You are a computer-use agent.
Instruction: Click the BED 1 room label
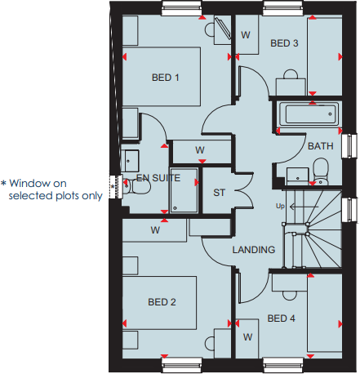point(165,78)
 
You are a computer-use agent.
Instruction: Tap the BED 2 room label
point(162,302)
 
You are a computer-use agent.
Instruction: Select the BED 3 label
point(284,42)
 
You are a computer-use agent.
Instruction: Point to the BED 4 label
point(281,318)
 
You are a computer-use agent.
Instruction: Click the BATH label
point(319,146)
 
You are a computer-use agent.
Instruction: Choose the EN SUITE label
point(158,176)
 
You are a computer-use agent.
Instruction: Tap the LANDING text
point(253,250)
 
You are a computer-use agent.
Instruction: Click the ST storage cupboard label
point(219,193)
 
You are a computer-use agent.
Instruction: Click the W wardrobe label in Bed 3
point(246,35)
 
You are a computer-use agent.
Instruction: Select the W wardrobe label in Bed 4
point(247,336)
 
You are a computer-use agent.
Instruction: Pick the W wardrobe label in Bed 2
point(155,230)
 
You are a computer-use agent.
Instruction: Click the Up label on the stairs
point(281,205)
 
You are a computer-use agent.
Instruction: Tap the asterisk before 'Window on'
point(4,183)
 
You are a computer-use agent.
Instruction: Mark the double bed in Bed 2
point(159,304)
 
